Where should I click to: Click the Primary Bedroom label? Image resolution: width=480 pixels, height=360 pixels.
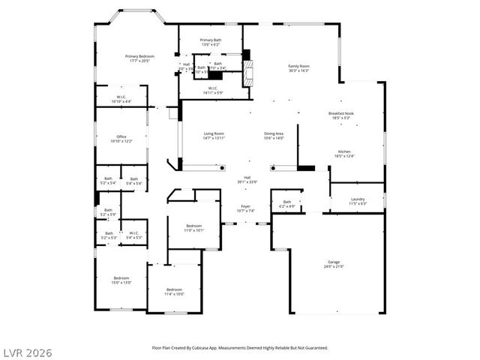(140, 58)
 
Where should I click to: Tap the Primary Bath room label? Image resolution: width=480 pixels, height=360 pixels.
(210, 42)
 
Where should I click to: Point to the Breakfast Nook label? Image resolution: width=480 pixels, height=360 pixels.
(340, 115)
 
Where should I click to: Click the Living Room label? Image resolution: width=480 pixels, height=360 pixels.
(214, 136)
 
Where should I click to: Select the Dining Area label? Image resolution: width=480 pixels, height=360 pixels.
(274, 136)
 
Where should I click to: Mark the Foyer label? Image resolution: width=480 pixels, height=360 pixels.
(245, 208)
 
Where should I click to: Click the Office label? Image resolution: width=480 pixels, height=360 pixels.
(121, 139)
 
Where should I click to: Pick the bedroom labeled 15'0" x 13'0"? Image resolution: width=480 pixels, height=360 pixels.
(121, 280)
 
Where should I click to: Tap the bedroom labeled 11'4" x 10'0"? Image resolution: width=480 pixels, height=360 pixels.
(174, 292)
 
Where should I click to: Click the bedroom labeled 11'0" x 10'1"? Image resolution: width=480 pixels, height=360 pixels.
(194, 228)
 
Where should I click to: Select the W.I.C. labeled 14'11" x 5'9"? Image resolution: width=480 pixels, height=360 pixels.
(212, 90)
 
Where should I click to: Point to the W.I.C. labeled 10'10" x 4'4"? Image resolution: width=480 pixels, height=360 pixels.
(121, 99)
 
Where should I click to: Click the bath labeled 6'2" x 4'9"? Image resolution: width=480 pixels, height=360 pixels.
(286, 203)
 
